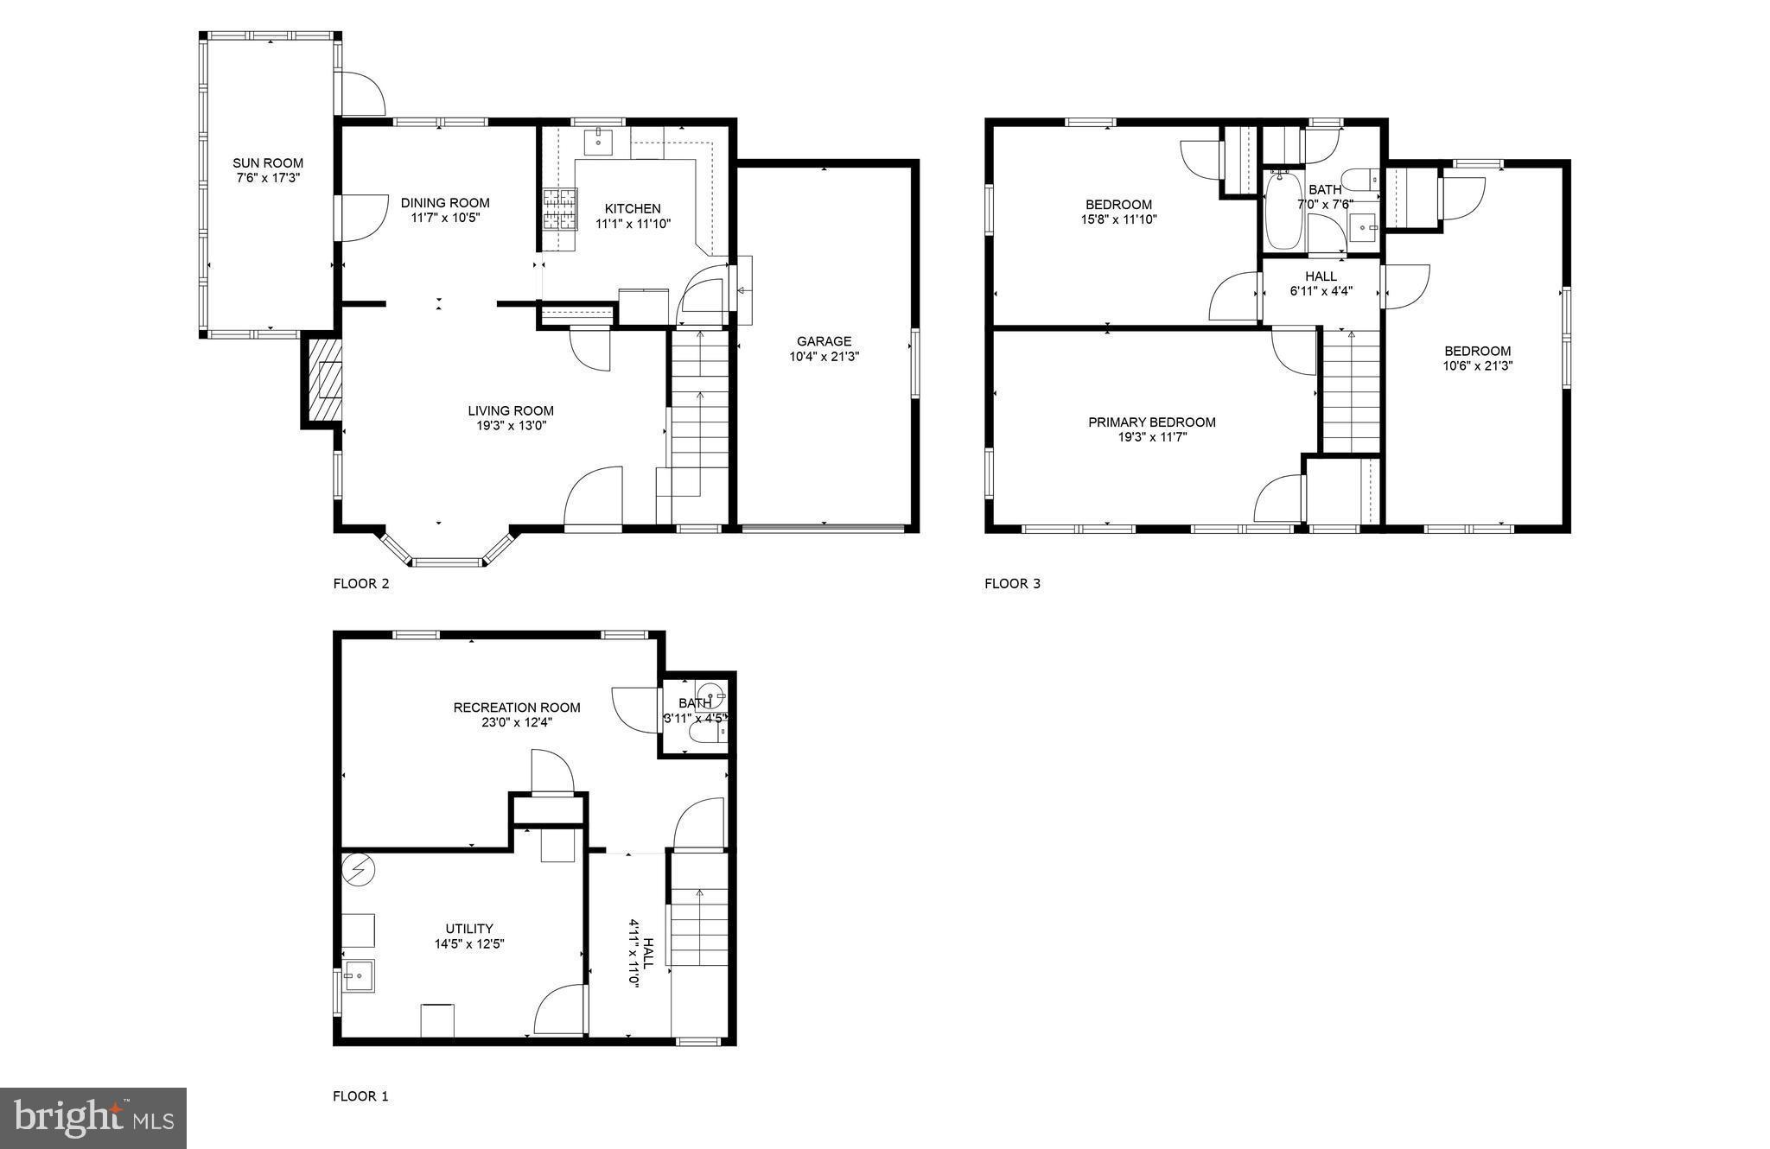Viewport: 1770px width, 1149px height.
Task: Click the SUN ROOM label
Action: [268, 162]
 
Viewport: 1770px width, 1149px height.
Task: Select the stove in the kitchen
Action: [559, 209]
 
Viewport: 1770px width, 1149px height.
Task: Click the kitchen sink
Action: [598, 141]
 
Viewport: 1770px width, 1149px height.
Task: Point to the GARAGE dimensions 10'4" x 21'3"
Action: [824, 356]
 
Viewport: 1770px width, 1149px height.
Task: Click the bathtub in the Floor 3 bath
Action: [1282, 212]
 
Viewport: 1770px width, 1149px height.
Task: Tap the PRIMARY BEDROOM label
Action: [1151, 422]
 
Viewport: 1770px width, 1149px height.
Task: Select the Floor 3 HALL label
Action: [1321, 276]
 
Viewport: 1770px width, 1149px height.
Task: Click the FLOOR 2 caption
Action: [361, 583]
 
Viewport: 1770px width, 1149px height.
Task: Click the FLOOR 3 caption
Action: [1012, 583]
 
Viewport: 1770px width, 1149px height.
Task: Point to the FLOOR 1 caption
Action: [360, 1096]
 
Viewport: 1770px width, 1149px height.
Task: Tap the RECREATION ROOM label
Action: [517, 708]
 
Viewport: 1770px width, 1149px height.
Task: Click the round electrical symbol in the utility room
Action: [357, 869]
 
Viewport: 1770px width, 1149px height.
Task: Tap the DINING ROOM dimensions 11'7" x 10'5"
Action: [445, 218]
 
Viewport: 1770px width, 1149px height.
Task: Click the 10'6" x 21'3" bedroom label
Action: [1477, 351]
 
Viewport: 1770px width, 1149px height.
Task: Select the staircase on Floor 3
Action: [1351, 393]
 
